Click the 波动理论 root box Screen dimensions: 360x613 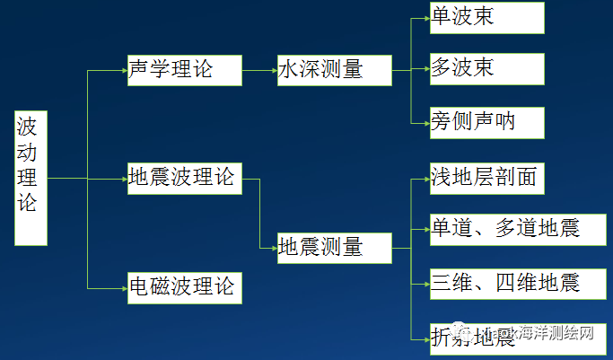tap(31, 178)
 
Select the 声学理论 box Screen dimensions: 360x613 tap(184, 70)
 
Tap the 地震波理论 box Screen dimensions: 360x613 tap(184, 178)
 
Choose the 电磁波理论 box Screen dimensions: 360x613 tap(184, 286)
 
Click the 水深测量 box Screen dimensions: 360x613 tap(334, 70)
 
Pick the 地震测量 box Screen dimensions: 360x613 tap(334, 248)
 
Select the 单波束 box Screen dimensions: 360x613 tap(486, 16)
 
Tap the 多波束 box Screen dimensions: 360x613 tap(486, 67)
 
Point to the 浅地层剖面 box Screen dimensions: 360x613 tap(486, 178)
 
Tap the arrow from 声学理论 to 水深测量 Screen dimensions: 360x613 tap(259, 70)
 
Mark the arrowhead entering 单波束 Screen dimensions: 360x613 tap(425, 16)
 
